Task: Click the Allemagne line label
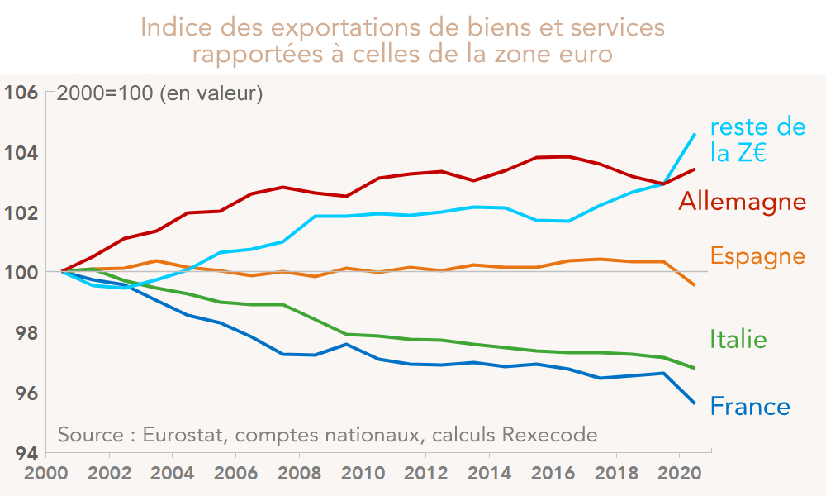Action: click(x=742, y=201)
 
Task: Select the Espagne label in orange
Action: click(x=757, y=256)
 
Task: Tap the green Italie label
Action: click(x=738, y=339)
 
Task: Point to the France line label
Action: click(x=750, y=407)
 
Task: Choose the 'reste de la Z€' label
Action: click(x=757, y=140)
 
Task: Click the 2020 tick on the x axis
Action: click(x=679, y=478)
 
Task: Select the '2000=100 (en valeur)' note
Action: click(x=159, y=93)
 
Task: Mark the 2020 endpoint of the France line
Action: click(x=695, y=403)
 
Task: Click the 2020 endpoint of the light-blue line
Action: click(x=695, y=134)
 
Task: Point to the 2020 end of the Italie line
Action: click(x=695, y=368)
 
